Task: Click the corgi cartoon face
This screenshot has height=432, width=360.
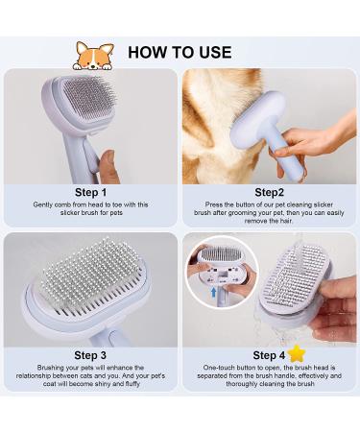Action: [93, 56]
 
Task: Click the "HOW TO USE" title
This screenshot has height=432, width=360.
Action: [180, 53]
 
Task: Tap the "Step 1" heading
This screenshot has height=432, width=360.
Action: [90, 192]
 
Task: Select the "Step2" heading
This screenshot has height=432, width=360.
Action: [269, 192]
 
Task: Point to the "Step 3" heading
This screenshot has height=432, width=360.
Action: [90, 355]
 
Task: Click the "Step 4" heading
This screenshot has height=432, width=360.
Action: [269, 355]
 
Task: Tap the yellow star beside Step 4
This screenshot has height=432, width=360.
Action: [297, 353]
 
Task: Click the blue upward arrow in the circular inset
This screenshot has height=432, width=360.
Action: [214, 292]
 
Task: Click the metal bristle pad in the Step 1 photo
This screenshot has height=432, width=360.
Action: [88, 96]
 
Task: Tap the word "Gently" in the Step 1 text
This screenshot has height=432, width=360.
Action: [43, 204]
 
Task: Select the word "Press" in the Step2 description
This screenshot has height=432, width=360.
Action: [214, 204]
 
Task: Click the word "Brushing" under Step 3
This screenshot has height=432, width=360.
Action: [51, 368]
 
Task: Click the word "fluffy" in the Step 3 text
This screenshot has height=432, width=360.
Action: [132, 384]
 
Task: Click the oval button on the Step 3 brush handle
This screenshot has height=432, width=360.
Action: [114, 339]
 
